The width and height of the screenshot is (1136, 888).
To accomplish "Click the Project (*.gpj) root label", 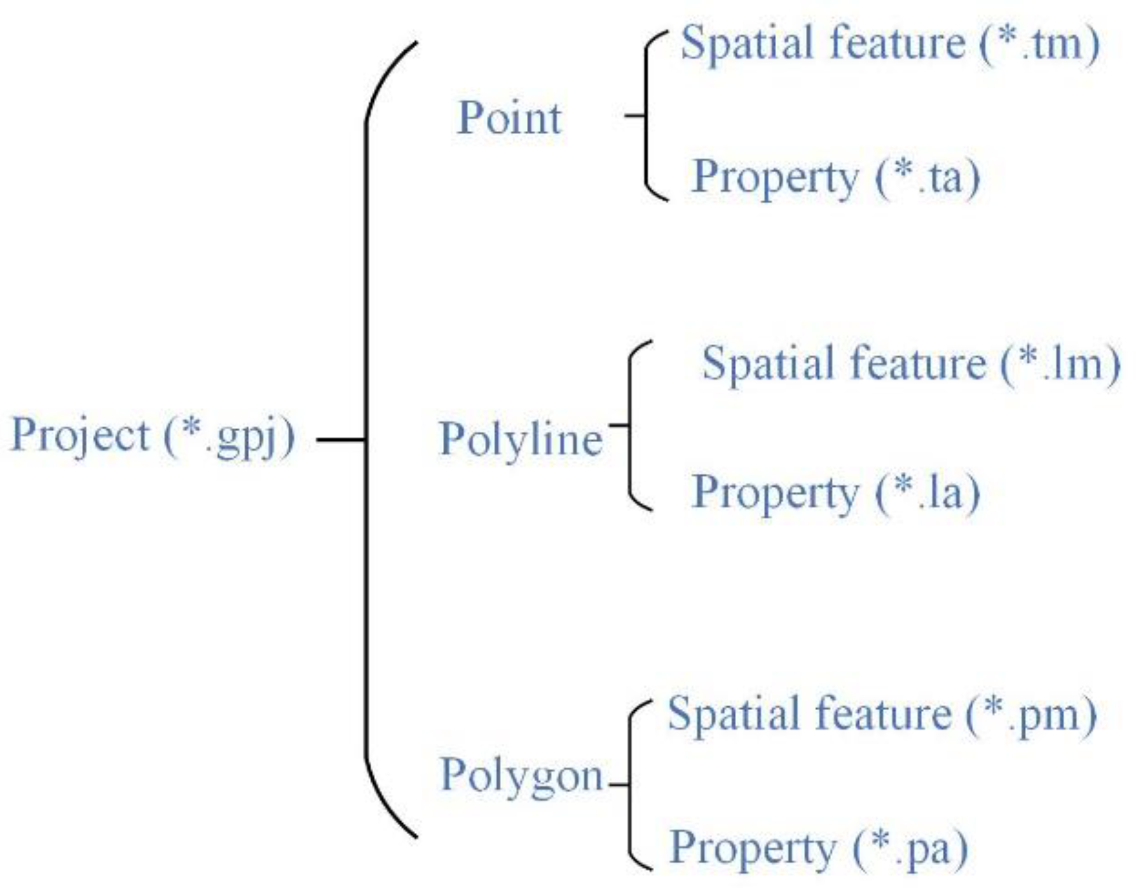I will point(153,436).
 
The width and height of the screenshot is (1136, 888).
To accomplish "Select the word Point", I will point(509,118).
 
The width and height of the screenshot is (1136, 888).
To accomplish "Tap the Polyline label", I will point(521,439).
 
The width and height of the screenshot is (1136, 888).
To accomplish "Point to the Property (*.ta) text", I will point(835,177).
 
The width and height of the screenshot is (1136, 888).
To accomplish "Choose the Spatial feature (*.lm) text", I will point(910,364).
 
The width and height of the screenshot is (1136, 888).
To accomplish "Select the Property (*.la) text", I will point(835,493).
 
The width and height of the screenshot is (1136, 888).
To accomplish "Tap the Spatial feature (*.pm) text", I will point(882,715).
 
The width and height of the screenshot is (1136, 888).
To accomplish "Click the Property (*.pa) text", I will point(819,849).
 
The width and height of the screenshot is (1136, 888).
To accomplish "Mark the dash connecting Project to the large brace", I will point(341,439).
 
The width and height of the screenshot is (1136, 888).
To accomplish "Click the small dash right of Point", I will point(634,116).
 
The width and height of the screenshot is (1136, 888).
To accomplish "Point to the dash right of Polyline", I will point(619,424).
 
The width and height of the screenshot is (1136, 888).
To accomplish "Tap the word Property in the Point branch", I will point(775,178).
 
